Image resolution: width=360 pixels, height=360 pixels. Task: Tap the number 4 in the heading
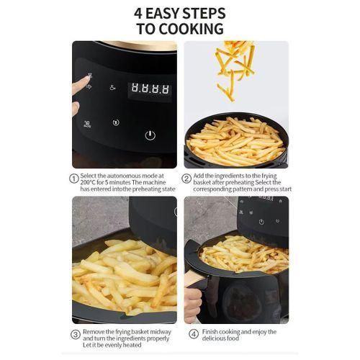[139, 13]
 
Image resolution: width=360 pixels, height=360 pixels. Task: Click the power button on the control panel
[150, 135]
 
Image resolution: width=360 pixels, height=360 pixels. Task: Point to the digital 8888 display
[150, 90]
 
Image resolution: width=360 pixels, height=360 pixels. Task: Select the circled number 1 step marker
[73, 179]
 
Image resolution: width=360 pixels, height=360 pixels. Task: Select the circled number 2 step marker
[186, 179]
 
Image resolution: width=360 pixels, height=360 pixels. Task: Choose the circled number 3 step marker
[73, 334]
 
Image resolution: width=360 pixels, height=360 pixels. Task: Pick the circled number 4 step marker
[194, 334]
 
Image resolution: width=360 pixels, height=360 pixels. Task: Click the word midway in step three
[163, 330]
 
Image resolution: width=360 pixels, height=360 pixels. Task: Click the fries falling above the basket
[235, 68]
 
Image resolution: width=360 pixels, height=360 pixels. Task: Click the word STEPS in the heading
[199, 13]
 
